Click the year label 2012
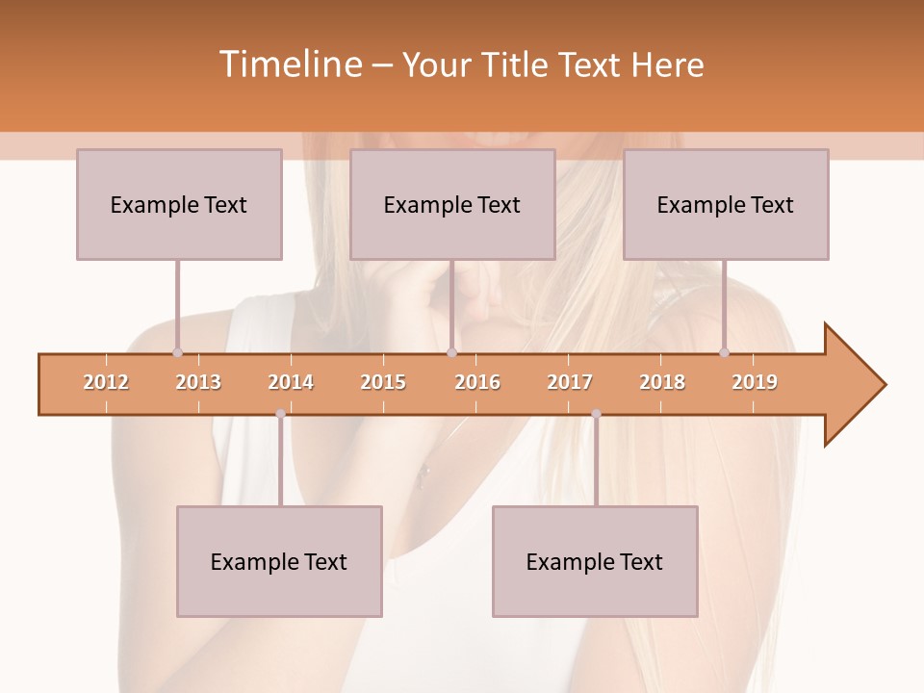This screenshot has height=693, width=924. click(106, 382)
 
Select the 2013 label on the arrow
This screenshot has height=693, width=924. click(198, 382)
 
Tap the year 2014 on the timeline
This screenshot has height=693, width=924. click(291, 382)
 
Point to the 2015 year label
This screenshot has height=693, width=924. click(383, 382)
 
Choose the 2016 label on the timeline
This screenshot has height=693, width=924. click(477, 382)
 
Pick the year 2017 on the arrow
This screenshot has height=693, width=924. click(570, 382)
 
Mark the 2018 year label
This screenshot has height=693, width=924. click(662, 382)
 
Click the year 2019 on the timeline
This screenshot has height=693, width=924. click(755, 382)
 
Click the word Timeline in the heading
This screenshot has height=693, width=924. click(290, 64)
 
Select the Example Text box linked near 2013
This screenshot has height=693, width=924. click(179, 204)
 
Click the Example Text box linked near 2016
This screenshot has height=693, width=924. click(452, 204)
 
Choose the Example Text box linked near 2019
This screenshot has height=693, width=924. click(726, 204)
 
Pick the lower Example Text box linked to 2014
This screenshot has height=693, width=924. click(279, 561)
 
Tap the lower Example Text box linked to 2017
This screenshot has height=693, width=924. click(595, 561)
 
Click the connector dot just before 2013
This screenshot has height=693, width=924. click(177, 352)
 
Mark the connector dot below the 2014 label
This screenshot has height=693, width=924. click(280, 414)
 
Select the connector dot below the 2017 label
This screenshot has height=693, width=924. click(596, 414)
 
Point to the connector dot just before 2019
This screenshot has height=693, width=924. click(724, 352)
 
